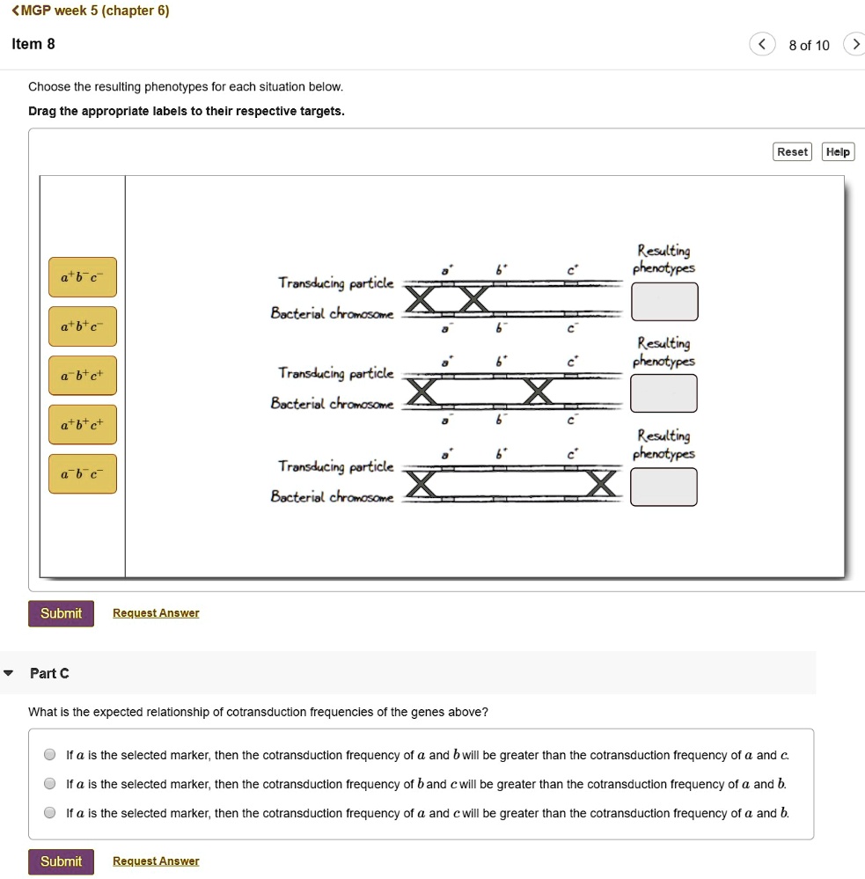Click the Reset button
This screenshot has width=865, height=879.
792,152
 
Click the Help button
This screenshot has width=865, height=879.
838,152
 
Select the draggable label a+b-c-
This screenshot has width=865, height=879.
82,277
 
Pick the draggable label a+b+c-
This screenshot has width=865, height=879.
82,326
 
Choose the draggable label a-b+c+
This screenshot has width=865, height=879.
82,376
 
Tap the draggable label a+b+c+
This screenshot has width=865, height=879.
82,425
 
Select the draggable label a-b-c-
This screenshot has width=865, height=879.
82,474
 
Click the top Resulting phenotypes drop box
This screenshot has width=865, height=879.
664,302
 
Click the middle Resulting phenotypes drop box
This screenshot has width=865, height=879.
664,393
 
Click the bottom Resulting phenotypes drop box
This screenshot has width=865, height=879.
664,487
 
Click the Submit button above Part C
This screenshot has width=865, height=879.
61,613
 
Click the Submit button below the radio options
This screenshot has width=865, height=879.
61,861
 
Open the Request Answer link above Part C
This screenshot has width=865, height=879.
156,613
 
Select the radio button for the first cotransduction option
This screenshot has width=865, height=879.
50,755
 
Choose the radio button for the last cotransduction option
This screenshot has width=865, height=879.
50,813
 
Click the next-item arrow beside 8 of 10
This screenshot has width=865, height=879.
853,45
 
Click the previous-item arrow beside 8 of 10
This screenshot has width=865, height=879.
762,45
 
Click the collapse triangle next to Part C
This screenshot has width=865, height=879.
9,673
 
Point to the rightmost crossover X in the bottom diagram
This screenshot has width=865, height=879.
602,484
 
